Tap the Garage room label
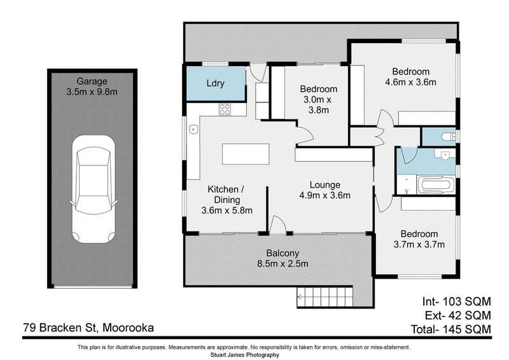point(92,81)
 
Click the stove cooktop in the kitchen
point(225,109)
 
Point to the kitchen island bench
point(246,155)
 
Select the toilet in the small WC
point(446,136)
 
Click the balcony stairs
point(324,296)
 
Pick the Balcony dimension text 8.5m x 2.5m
point(282,264)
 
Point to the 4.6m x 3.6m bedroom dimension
point(410,82)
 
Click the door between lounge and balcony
point(277,224)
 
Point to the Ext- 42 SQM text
point(455,315)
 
